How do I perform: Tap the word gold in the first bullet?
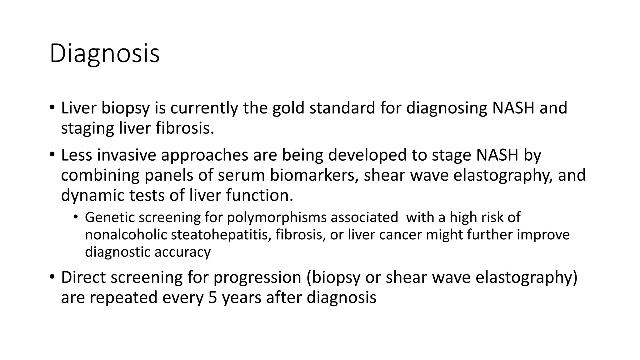(x=288, y=108)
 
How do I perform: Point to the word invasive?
(x=127, y=155)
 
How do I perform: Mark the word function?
(x=259, y=195)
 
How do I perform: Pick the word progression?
(x=257, y=277)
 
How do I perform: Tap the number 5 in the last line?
(x=212, y=297)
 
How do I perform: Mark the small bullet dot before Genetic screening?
(x=76, y=217)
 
